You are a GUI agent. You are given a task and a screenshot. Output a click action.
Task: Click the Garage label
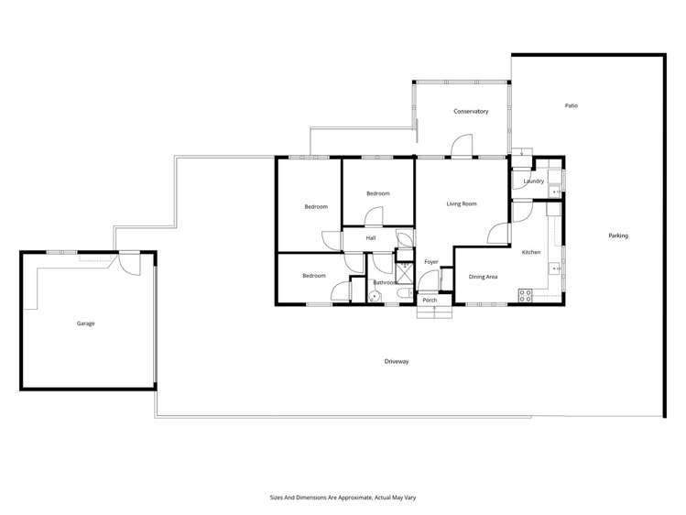[x=85, y=323]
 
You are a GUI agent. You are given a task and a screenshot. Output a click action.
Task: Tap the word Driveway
[x=397, y=362]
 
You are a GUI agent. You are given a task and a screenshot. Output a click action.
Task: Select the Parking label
[x=618, y=236]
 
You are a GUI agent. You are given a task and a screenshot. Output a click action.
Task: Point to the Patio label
[x=571, y=105]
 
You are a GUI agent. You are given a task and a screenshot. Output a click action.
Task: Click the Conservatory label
[x=471, y=112]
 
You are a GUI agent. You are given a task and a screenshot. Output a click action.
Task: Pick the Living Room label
[x=462, y=203]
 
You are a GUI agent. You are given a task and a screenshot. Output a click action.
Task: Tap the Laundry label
[x=533, y=181]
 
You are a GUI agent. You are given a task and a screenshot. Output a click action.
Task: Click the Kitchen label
[x=531, y=252]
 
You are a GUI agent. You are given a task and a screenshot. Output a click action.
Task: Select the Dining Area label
[x=483, y=276]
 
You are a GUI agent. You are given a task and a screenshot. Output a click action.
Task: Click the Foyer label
[x=430, y=262]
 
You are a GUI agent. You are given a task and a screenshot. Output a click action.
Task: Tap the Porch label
[x=429, y=301]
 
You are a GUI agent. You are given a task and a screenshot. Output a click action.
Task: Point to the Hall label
[x=371, y=238]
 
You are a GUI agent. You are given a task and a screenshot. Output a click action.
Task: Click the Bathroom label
[x=385, y=282]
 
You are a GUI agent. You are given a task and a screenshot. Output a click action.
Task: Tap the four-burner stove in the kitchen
[x=526, y=295]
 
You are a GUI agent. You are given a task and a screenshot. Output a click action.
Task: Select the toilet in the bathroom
[x=376, y=295]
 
